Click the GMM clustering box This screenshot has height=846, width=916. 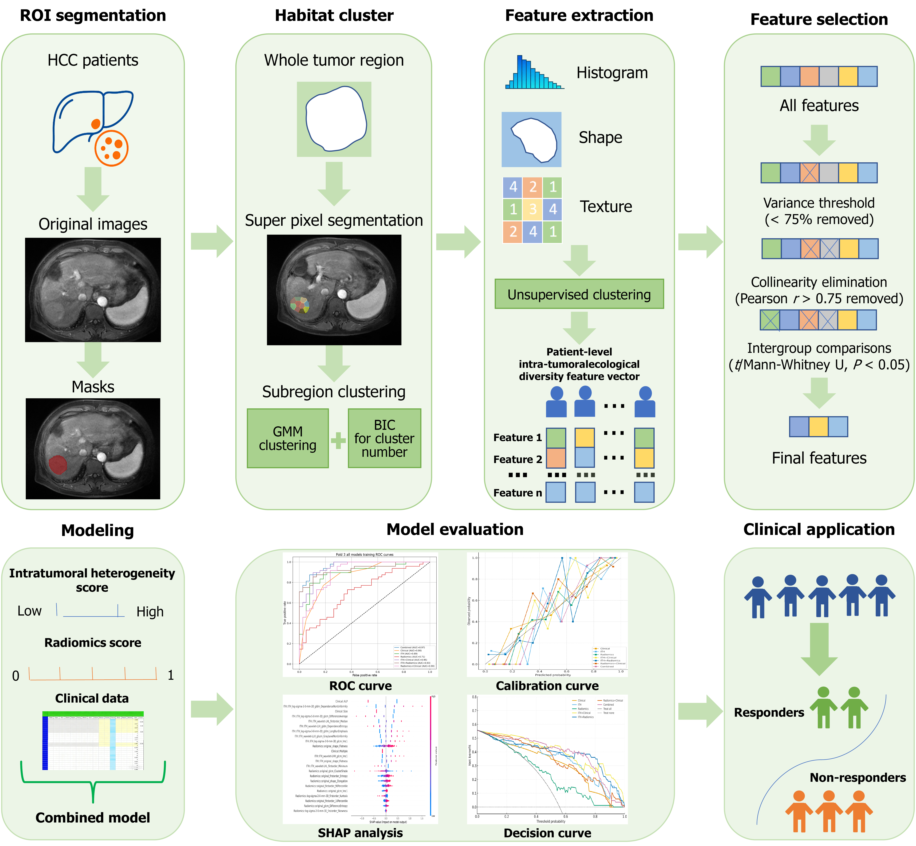pos(287,438)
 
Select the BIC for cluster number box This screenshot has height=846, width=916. pos(384,438)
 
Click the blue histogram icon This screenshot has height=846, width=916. pos(533,73)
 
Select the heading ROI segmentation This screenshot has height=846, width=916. pos(93,15)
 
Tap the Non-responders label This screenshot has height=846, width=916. pos(857,777)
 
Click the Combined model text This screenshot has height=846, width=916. pos(93,818)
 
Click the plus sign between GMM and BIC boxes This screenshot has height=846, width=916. pos(338,440)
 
